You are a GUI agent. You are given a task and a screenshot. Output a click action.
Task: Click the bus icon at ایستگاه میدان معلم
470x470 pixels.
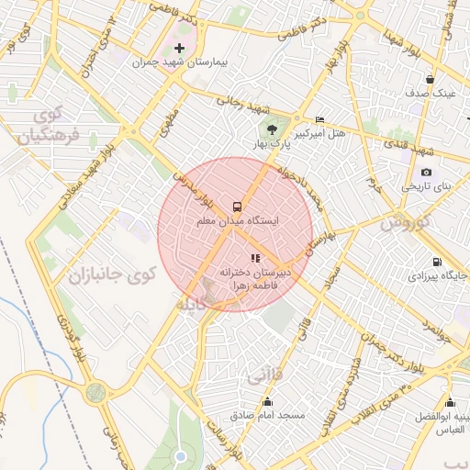pyautogui.click(x=237, y=207)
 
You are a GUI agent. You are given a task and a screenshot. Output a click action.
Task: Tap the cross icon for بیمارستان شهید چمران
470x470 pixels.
pyautogui.click(x=179, y=48)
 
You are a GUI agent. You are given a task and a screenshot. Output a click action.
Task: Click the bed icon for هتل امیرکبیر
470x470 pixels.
pyautogui.click(x=319, y=120)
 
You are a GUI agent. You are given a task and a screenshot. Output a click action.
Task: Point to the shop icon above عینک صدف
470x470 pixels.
pyautogui.click(x=430, y=79)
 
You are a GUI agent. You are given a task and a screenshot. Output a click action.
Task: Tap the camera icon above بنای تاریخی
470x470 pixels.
pyautogui.click(x=426, y=172)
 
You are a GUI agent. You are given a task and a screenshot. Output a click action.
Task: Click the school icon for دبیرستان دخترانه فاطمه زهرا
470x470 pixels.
pyautogui.click(x=254, y=259)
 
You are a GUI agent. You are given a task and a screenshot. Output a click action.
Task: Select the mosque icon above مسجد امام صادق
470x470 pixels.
pyautogui.click(x=267, y=401)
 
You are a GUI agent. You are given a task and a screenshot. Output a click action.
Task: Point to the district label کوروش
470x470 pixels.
pyautogui.click(x=405, y=223)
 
